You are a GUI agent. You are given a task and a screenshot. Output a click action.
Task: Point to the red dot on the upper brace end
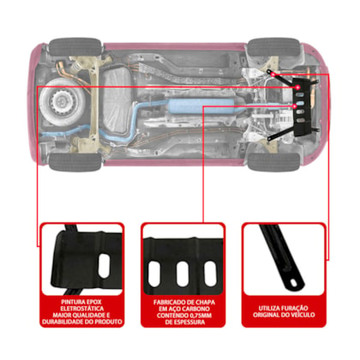[x=273, y=75]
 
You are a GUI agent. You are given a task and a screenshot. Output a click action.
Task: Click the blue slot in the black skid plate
[x=300, y=103]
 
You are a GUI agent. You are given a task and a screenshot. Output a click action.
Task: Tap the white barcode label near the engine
[x=284, y=119]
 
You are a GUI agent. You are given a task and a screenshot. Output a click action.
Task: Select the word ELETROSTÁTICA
[x=82, y=309]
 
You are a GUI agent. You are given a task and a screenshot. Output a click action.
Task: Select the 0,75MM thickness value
[x=200, y=315]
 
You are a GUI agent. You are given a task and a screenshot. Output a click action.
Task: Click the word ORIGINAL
[x=266, y=315]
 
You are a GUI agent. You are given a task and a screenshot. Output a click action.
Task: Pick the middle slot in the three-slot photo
[x=183, y=273]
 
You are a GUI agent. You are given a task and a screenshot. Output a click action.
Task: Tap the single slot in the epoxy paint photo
[x=104, y=266]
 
